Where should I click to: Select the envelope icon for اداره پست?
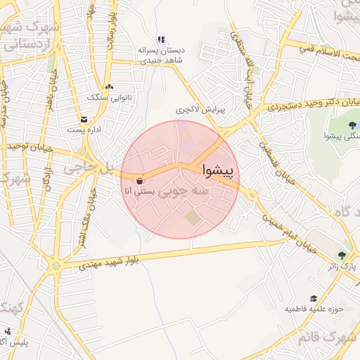84,120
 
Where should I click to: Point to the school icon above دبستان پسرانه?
160,40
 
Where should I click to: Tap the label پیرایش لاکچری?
193,110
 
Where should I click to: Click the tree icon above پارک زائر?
342,256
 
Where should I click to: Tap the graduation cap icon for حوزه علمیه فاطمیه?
314,298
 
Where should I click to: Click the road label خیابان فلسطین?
264,145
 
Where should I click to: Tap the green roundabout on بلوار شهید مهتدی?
65,266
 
